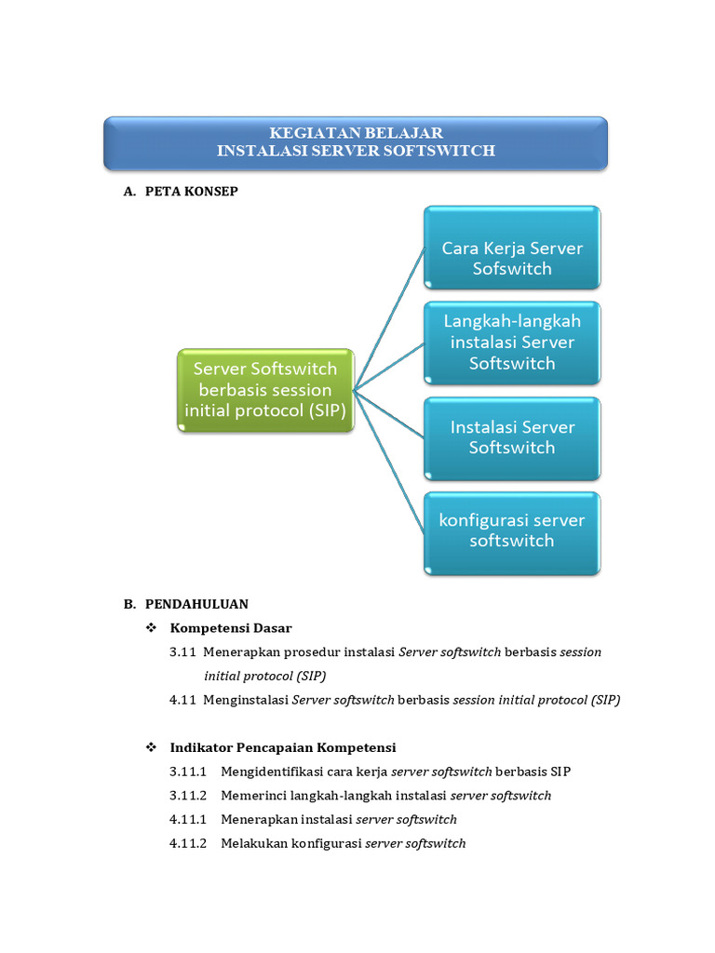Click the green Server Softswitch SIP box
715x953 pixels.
click(x=265, y=390)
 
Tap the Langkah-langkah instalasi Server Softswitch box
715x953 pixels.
click(x=512, y=342)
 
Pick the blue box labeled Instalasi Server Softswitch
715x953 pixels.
click(x=512, y=437)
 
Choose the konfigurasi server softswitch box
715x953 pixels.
click(x=512, y=530)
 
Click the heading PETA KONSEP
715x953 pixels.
click(x=192, y=191)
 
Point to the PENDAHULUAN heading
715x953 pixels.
click(x=196, y=604)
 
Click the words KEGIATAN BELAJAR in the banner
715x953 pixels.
click(x=356, y=133)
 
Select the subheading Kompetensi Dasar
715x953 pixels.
click(x=231, y=628)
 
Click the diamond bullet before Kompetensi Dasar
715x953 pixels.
click(x=152, y=628)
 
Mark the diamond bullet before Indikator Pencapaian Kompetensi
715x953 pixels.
click(x=152, y=747)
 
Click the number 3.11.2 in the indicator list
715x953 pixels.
click(x=188, y=796)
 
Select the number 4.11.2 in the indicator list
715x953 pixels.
click(x=188, y=844)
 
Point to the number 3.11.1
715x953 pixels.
click(x=188, y=772)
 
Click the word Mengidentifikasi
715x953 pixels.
click(x=270, y=772)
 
